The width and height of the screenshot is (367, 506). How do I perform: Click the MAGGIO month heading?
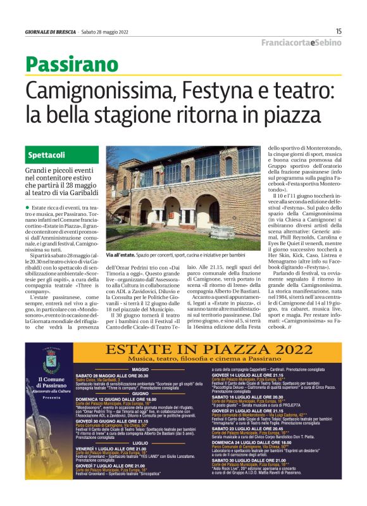tap(140, 369)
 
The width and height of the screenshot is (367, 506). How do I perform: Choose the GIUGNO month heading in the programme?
tap(140, 394)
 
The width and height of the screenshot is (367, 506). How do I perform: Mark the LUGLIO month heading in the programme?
tap(140, 443)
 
